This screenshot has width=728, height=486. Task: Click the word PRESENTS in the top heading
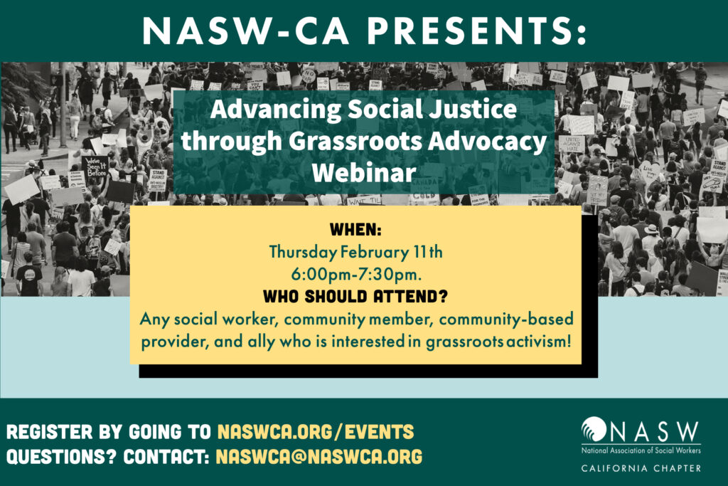[x=476, y=31]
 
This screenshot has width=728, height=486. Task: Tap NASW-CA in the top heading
[x=245, y=31]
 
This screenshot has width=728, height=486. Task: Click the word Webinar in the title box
[x=364, y=173]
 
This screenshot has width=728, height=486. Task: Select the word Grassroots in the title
[x=355, y=141]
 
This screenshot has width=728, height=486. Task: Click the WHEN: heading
[x=355, y=230]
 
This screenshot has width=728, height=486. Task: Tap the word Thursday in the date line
[x=303, y=253]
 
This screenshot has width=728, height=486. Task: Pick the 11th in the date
[x=427, y=252]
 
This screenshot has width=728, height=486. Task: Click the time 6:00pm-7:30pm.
[x=356, y=275]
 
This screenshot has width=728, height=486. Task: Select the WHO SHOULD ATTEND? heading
[x=355, y=297]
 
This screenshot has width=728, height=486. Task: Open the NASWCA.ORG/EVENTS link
[x=316, y=432]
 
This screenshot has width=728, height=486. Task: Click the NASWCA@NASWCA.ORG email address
[x=319, y=457]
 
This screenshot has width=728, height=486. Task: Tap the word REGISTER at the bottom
[x=50, y=432]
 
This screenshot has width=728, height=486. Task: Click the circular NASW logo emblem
[x=594, y=428]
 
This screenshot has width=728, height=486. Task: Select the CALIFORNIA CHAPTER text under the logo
[x=641, y=468]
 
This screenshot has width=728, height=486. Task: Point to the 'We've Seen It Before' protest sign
[x=95, y=167]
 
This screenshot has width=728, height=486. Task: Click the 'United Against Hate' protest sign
[x=572, y=144]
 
